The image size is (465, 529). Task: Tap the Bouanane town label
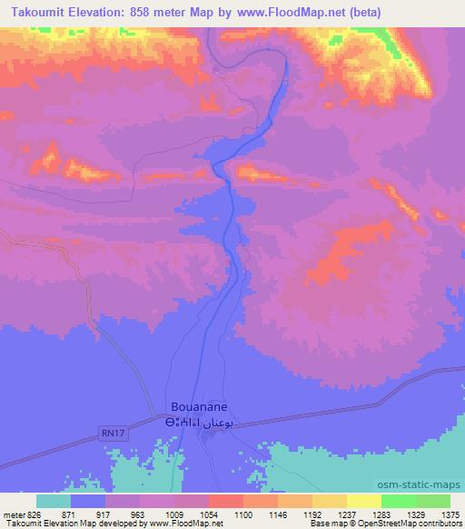tap(199, 408)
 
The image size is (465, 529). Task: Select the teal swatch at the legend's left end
tap(54, 502)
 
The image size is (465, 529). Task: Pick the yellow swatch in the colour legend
tap(363, 502)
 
